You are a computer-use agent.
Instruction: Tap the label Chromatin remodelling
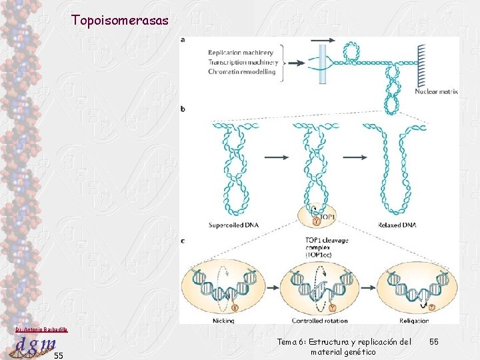click(241, 71)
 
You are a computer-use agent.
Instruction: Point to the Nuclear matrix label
click(436, 92)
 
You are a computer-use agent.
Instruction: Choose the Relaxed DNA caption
click(397, 225)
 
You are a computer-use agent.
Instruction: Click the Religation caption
click(415, 320)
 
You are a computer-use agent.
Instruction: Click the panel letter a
click(183, 40)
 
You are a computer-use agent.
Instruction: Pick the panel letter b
click(183, 108)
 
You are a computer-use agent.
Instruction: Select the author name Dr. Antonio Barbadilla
click(41, 329)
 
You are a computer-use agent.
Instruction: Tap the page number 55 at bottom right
click(434, 342)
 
